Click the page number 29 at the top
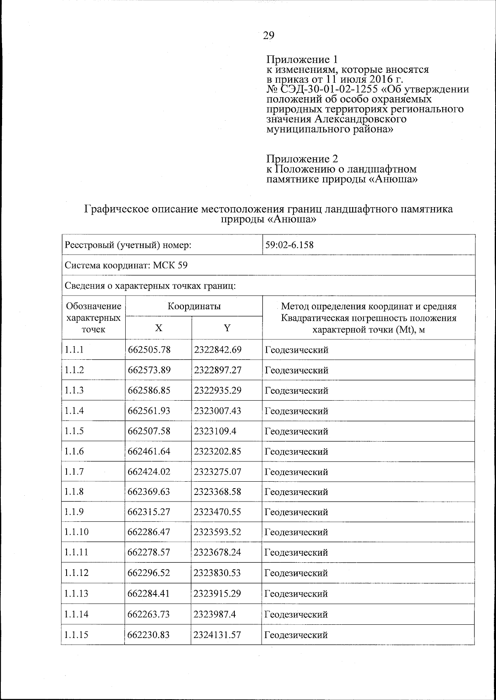point(268,36)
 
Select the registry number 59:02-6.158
point(289,245)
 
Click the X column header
point(159,328)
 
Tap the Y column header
point(227,328)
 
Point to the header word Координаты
point(194,306)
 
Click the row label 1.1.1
point(74,350)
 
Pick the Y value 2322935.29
point(217,390)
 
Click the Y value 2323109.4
point(215,431)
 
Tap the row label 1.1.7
point(74,472)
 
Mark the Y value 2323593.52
point(217,532)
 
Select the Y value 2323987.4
point(215,614)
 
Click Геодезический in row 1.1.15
point(296,635)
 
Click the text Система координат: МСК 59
point(126,265)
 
